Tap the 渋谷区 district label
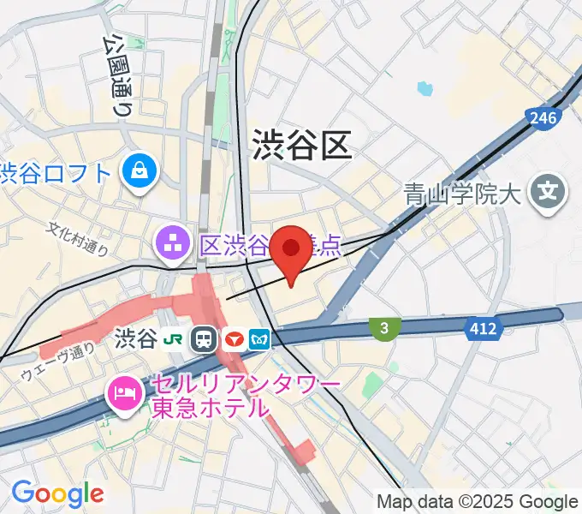click(302, 145)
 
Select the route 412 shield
click(483, 327)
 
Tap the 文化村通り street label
click(79, 239)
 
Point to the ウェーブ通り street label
click(57, 361)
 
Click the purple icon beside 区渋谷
click(173, 246)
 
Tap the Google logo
click(57, 493)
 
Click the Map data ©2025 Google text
click(478, 501)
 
